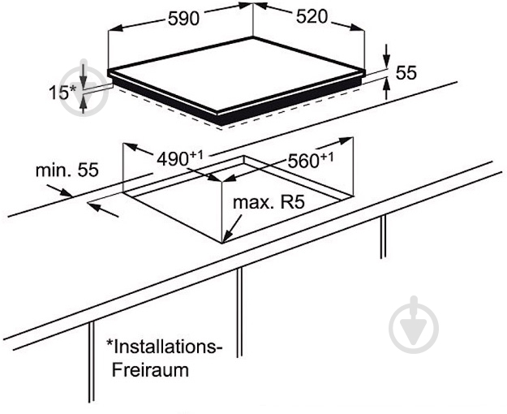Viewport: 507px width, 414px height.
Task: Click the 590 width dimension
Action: click(x=183, y=19)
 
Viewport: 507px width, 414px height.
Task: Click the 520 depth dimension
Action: click(x=312, y=17)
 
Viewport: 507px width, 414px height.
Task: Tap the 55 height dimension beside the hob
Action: click(x=406, y=72)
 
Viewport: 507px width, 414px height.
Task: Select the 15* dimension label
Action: click(x=62, y=93)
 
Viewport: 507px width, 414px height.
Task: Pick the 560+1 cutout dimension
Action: click(x=311, y=161)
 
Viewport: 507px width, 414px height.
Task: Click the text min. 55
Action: click(x=67, y=170)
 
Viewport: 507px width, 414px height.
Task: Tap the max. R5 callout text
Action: click(x=269, y=203)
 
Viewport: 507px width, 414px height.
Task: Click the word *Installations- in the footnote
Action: click(x=165, y=347)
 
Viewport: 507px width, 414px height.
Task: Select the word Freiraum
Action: click(x=150, y=369)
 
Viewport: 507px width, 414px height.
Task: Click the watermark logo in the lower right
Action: click(x=414, y=325)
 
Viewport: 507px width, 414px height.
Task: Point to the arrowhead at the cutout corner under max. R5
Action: click(x=226, y=237)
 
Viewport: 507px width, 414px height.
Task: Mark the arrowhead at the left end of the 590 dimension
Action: click(x=115, y=28)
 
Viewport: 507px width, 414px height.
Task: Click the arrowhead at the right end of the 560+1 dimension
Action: click(x=346, y=140)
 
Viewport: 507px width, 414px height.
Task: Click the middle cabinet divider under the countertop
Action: click(x=239, y=313)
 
